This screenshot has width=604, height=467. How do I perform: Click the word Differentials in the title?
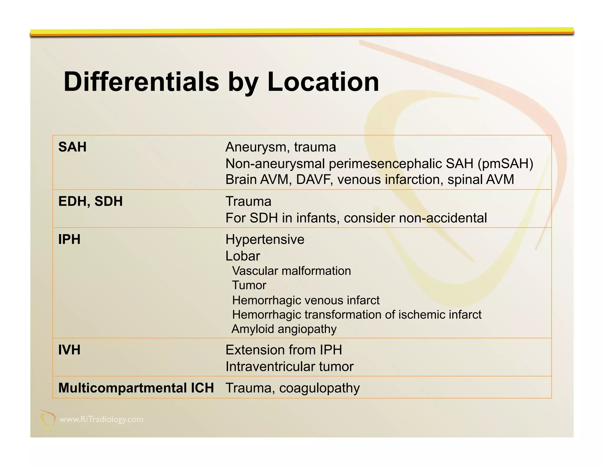141,82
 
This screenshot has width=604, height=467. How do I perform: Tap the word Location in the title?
323,82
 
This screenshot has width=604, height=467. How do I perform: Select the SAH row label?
72,147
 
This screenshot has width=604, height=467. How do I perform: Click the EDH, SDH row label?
91,201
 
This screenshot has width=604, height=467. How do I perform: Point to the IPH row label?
69,239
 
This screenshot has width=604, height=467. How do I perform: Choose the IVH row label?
69,350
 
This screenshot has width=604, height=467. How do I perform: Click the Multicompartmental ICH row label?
136,388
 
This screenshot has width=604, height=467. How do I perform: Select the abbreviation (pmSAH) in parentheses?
505,164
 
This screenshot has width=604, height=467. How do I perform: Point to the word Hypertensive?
265,239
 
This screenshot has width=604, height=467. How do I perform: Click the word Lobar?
243,256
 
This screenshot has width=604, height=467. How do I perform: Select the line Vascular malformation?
291,271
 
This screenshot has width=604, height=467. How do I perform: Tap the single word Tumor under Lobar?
249,285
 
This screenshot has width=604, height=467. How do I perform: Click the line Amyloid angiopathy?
284,329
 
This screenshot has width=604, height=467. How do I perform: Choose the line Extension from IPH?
284,350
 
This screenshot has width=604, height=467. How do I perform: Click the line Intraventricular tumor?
289,367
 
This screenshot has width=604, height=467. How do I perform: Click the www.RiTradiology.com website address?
101,419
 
